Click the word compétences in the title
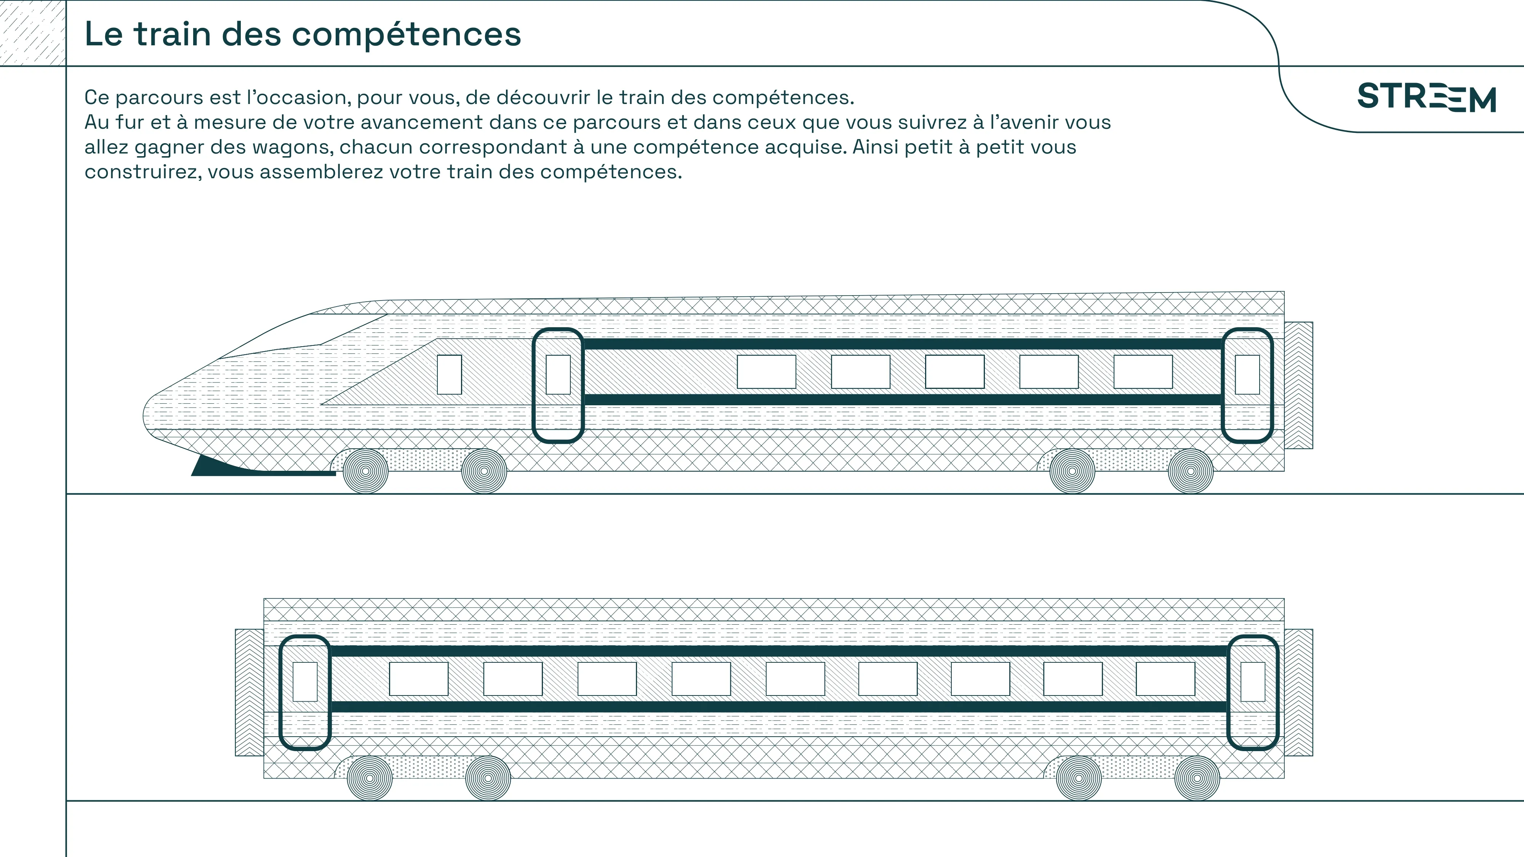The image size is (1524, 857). (x=407, y=34)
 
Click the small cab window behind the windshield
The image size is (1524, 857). (x=449, y=374)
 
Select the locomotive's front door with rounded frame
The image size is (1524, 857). (x=558, y=385)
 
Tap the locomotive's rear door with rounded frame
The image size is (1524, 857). (x=1247, y=385)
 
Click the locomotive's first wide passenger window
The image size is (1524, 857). (x=766, y=371)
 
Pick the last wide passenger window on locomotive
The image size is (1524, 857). (x=1143, y=371)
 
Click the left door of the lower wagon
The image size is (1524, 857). (x=305, y=692)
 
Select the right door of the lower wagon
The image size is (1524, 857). (x=1252, y=692)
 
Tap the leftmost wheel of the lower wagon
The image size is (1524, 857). (x=369, y=778)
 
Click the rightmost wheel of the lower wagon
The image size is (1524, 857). (x=1197, y=778)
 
